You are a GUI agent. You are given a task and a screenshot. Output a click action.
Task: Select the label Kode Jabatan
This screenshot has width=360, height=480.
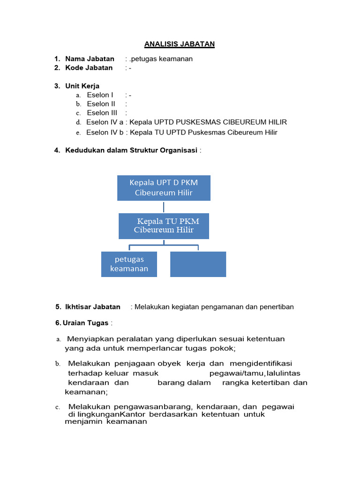click(89, 67)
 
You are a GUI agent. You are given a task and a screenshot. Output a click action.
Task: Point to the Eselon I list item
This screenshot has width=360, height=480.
click(100, 95)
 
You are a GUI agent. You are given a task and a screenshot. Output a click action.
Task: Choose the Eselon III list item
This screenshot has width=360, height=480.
click(102, 112)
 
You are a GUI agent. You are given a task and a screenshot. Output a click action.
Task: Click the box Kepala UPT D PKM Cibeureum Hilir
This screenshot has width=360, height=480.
click(164, 187)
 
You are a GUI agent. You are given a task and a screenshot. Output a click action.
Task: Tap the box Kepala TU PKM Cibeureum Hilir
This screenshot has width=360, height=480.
click(164, 225)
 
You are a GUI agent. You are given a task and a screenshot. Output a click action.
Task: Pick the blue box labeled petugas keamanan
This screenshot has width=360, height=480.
click(129, 264)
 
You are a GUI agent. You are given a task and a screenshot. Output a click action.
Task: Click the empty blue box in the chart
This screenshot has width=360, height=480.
click(198, 264)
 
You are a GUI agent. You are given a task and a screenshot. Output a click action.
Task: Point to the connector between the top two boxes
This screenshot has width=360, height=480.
click(164, 207)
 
